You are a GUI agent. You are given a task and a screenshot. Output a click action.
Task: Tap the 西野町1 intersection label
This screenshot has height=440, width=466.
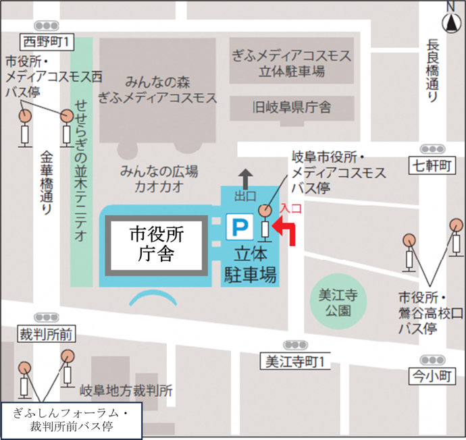47,42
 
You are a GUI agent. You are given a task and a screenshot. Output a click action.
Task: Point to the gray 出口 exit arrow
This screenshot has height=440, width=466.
244,179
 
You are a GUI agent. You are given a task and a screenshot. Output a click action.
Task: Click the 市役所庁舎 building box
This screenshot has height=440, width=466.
157,244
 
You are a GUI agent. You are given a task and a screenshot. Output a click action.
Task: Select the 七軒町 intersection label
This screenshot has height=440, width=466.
432,165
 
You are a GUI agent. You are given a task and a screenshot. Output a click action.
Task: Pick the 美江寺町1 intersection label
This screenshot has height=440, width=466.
294,362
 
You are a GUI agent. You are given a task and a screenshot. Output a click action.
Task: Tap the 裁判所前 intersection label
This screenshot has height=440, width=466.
47,333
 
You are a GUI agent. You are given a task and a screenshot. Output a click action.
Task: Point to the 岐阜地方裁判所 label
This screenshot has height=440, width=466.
126,390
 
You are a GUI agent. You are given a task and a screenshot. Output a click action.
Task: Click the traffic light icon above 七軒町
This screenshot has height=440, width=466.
432,148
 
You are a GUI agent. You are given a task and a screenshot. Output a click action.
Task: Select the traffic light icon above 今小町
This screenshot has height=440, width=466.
432,360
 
